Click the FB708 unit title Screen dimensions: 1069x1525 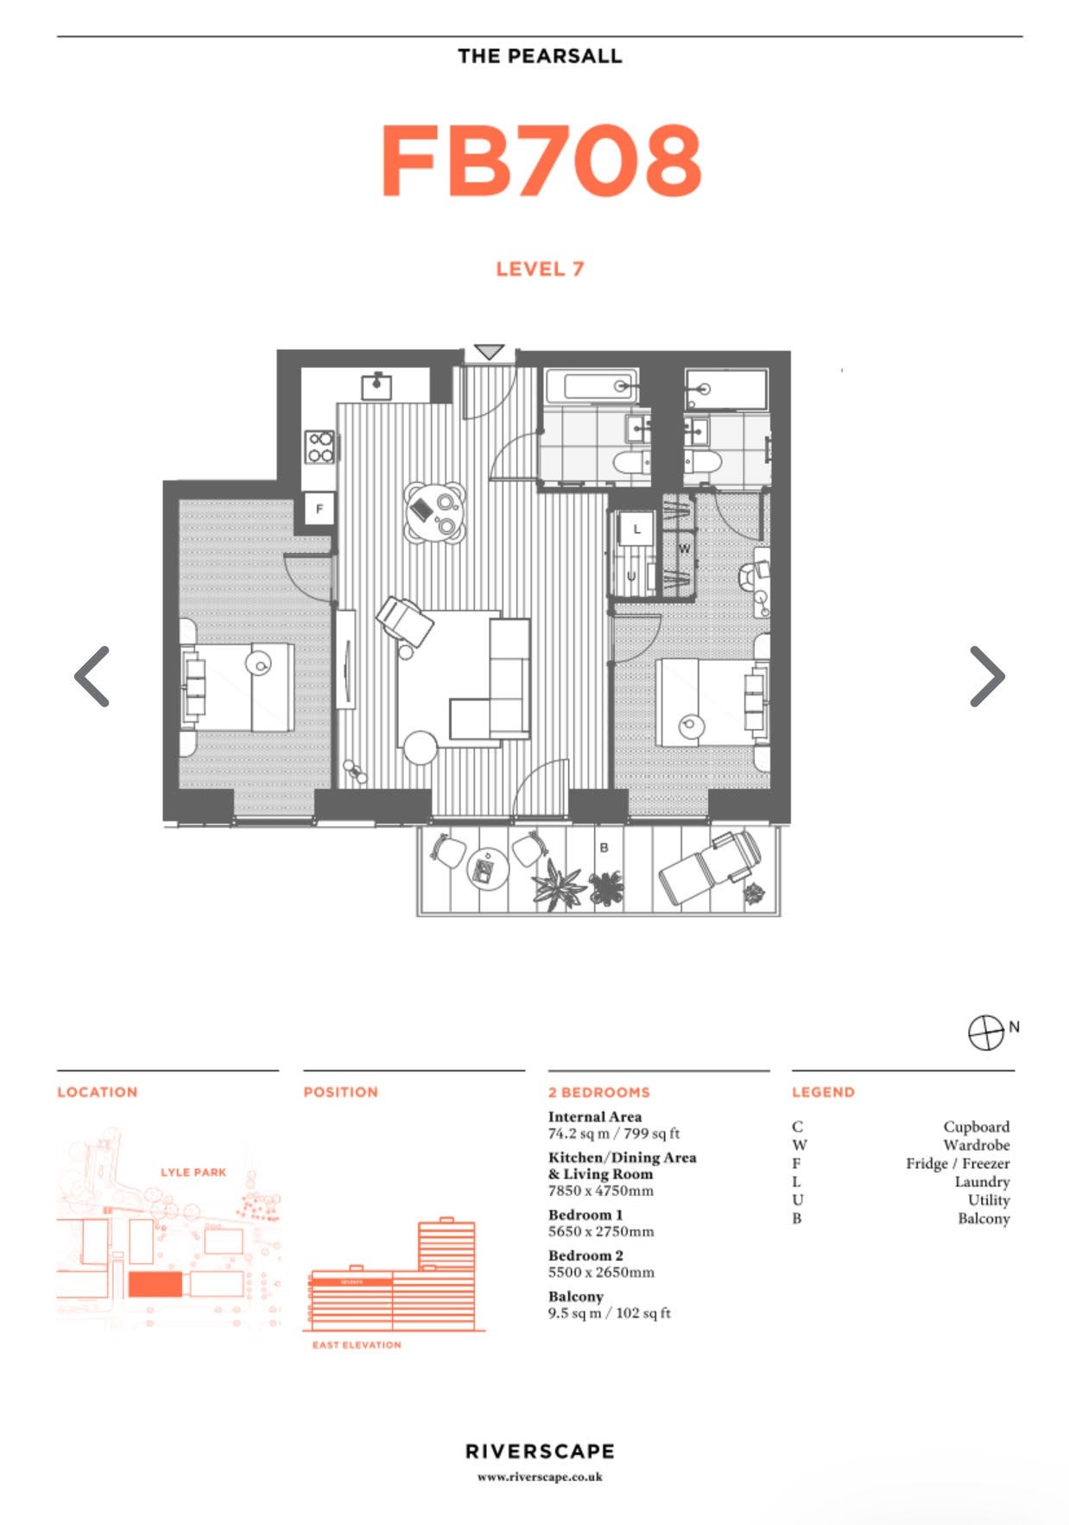coord(541,161)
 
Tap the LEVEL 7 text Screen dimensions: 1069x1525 coord(540,269)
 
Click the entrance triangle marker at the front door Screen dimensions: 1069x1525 coord(490,352)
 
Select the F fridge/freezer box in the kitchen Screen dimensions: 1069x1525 coord(319,508)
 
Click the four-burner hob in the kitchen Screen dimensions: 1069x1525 coord(319,448)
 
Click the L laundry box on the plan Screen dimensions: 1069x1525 coord(637,529)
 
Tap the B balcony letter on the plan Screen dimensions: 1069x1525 coord(604,848)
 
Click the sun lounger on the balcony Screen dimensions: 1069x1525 coord(710,867)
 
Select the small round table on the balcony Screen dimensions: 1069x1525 coord(487,868)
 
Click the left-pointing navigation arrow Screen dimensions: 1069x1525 coord(92,676)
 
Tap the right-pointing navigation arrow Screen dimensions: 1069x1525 coord(987,676)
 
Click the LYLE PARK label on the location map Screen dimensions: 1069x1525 coord(193,1172)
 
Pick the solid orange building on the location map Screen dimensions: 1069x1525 coord(155,1284)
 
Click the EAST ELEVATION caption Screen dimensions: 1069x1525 coord(357,1344)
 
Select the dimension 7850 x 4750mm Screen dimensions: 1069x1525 coord(601,1191)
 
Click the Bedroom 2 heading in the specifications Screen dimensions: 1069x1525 coord(585,1255)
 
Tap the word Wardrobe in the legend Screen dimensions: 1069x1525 coord(977,1145)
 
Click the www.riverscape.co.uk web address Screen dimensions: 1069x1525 coord(540,1477)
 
